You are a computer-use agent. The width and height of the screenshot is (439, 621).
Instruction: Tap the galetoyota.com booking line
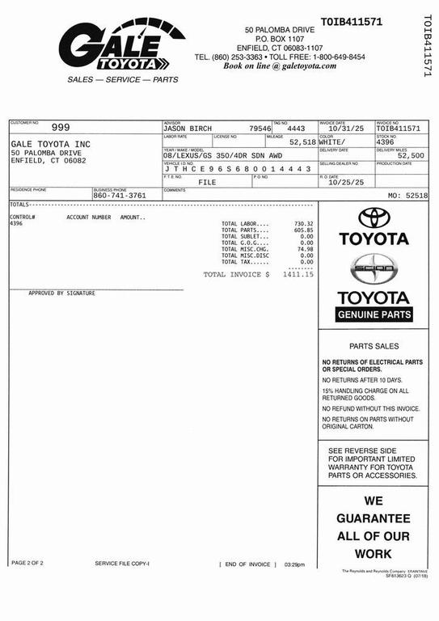(280, 66)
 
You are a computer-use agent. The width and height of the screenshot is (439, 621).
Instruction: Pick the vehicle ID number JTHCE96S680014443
(238, 169)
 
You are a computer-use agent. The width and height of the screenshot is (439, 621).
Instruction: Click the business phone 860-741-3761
(120, 196)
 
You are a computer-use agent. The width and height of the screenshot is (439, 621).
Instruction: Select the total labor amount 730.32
(304, 223)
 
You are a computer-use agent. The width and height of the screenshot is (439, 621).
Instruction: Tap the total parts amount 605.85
(304, 230)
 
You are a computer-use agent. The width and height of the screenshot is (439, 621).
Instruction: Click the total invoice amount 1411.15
(298, 275)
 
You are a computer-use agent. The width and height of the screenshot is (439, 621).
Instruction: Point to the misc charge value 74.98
(305, 249)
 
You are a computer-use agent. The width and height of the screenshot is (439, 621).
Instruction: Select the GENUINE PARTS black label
(374, 315)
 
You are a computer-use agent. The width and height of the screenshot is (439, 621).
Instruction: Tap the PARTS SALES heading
(374, 346)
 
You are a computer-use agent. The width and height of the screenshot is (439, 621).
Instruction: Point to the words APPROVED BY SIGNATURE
(61, 294)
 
